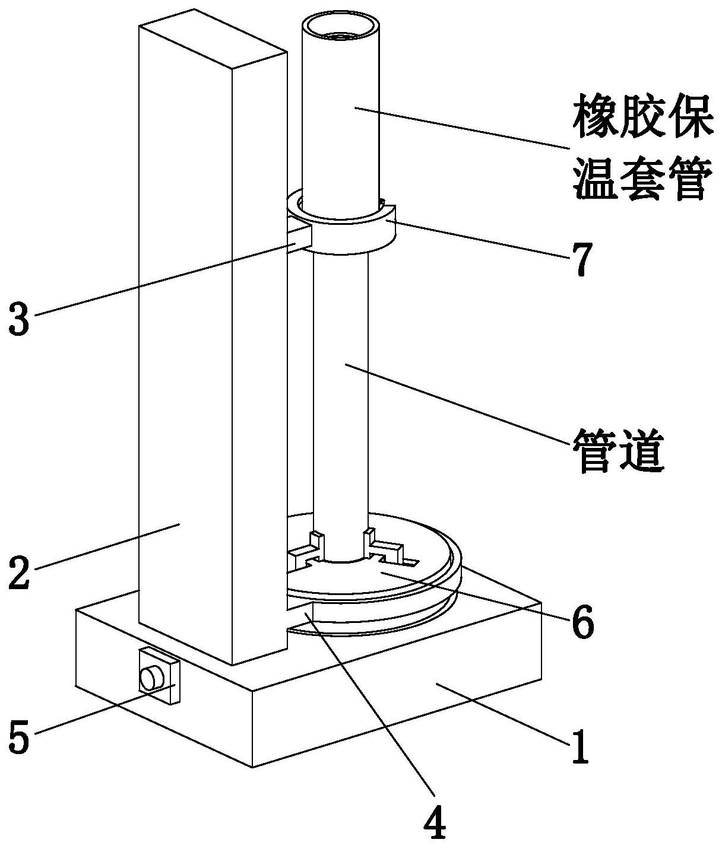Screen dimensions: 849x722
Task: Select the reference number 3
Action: [x=20, y=319]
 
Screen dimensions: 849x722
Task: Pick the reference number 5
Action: [x=20, y=737]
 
